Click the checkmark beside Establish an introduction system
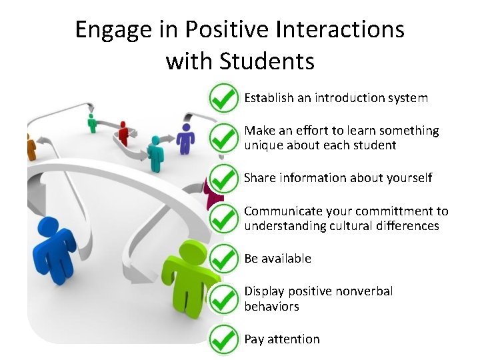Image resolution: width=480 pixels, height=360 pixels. point(223,99)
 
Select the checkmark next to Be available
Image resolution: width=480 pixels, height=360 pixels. point(223,258)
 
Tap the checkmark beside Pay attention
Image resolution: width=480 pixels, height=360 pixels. point(223,339)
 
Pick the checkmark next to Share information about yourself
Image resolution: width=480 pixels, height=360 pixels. point(223,178)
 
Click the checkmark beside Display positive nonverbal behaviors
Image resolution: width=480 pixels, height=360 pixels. point(223,298)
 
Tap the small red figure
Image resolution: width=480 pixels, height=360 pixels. point(123,133)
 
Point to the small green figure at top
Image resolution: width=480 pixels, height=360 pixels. point(92,123)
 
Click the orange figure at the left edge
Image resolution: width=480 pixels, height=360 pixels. point(30,146)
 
